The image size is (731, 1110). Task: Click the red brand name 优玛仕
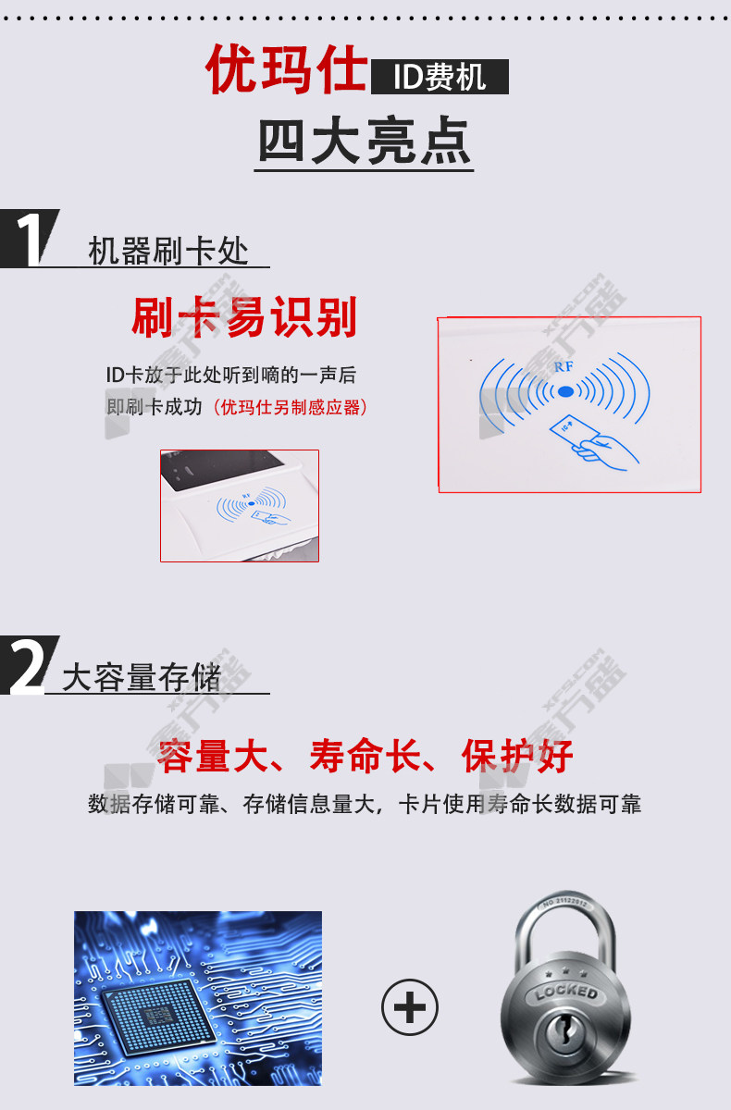pyautogui.click(x=287, y=69)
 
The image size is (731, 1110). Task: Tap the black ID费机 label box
pyautogui.click(x=440, y=77)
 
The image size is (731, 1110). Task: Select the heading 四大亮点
pyautogui.click(x=365, y=141)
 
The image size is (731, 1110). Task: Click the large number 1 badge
pyautogui.click(x=31, y=239)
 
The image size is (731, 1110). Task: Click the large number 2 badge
pyautogui.click(x=29, y=665)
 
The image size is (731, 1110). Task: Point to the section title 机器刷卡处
pyautogui.click(x=168, y=251)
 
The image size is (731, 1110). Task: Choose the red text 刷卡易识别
pyautogui.click(x=244, y=317)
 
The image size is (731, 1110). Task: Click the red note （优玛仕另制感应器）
pyautogui.click(x=290, y=407)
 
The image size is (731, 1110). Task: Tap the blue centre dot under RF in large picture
pyautogui.click(x=565, y=391)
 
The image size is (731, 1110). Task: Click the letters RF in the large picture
pyautogui.click(x=564, y=366)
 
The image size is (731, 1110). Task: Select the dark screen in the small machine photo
pyautogui.click(x=220, y=468)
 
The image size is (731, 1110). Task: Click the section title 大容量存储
pyautogui.click(x=142, y=677)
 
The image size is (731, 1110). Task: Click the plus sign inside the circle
pyautogui.click(x=410, y=1006)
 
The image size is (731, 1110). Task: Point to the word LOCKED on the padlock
pyautogui.click(x=566, y=992)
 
